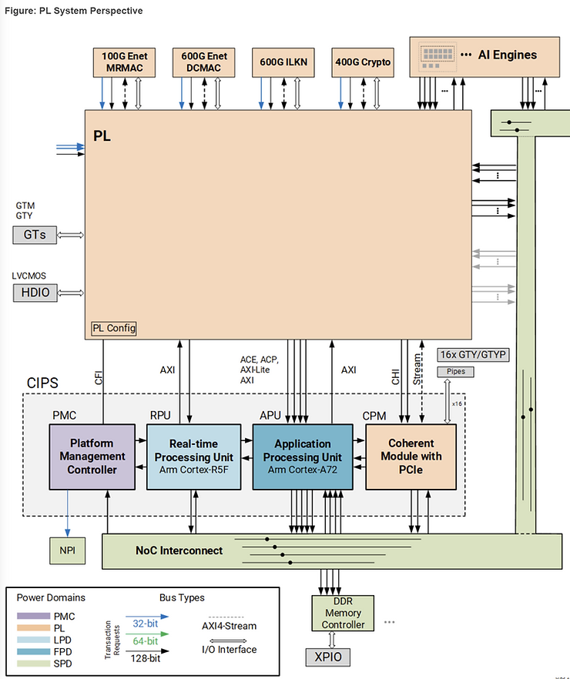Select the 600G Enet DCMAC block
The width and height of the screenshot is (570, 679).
coord(203,62)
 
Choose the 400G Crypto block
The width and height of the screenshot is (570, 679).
coord(363,62)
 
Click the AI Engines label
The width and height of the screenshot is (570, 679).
coord(508,55)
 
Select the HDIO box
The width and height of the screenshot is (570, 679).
coord(35,292)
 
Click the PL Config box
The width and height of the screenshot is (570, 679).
coord(114,329)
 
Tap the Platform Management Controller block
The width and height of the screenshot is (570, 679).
coord(92,456)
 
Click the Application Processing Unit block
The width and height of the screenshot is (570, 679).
coord(303,456)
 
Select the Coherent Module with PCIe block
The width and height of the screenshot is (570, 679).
coord(411,456)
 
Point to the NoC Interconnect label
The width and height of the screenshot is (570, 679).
coord(179,550)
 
